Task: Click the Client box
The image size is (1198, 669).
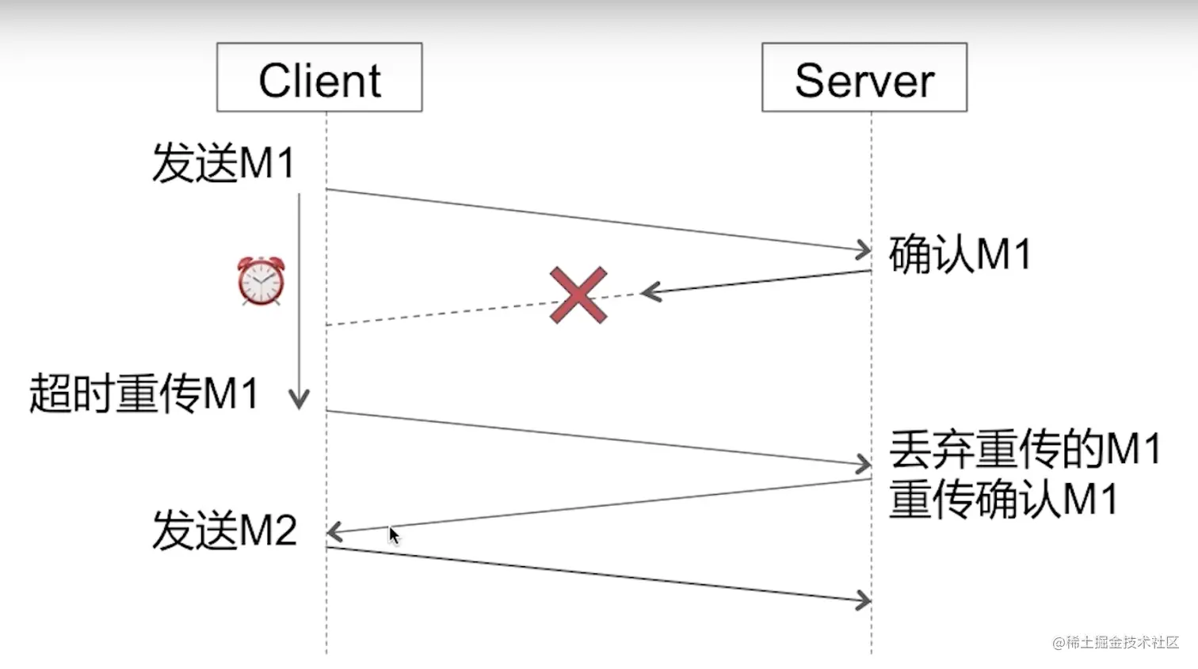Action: [319, 78]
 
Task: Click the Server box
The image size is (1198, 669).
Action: [864, 78]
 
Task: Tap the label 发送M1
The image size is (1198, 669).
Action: [223, 163]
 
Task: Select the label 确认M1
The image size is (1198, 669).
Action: [960, 255]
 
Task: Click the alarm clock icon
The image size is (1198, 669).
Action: [261, 281]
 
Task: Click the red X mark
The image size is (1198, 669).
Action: [578, 295]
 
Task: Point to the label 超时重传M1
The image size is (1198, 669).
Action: [144, 393]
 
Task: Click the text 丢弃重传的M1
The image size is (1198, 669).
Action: [1024, 449]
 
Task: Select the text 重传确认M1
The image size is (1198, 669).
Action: [1003, 500]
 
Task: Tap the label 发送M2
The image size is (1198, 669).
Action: [224, 530]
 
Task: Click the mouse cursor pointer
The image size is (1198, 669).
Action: [394, 535]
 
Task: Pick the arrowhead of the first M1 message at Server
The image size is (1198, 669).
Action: [864, 250]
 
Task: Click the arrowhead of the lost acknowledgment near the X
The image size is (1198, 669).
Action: [649, 292]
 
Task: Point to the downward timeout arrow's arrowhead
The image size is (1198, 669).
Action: [299, 401]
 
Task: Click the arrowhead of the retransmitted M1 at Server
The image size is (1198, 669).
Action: [864, 465]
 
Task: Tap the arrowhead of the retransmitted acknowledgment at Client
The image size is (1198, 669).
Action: [334, 532]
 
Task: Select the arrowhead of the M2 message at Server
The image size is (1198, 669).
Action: [864, 600]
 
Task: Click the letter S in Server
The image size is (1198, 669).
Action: [810, 81]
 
